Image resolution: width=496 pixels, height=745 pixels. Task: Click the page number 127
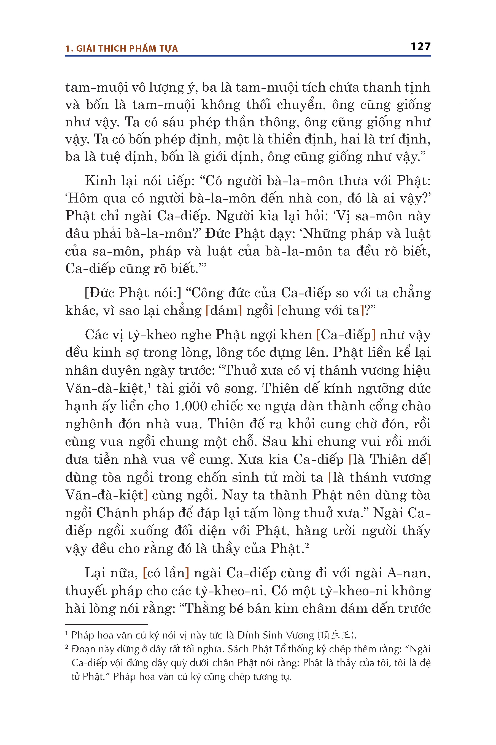tap(420, 47)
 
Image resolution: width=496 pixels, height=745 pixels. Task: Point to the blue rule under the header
tap(248, 56)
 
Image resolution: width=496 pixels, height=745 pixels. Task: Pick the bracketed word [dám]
tap(224, 310)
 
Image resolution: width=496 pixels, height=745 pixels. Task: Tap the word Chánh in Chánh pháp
tap(117, 513)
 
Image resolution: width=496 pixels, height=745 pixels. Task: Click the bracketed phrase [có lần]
tap(166, 573)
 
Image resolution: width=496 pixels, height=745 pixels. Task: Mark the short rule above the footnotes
tap(107, 625)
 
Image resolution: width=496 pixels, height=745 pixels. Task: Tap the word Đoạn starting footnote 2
tap(83, 649)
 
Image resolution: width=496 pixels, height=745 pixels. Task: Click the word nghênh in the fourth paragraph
tap(89, 424)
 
